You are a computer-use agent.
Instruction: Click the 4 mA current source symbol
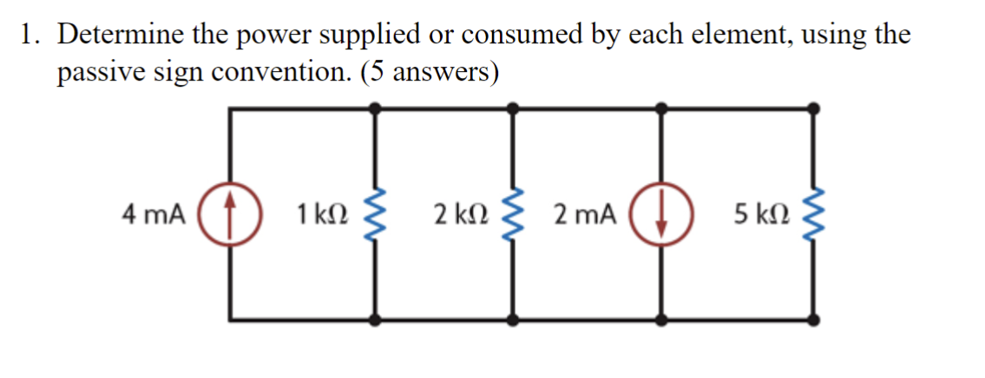(x=231, y=213)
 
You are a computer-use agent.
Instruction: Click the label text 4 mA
(x=154, y=214)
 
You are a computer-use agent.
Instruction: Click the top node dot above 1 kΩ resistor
(x=375, y=108)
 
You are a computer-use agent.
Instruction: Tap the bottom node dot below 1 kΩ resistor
(x=375, y=319)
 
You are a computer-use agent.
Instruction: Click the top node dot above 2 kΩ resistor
(x=514, y=108)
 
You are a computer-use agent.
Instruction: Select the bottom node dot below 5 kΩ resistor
(x=813, y=319)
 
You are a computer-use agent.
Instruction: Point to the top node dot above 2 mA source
(x=663, y=108)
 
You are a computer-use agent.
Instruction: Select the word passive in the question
(x=94, y=73)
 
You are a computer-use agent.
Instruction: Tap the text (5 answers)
(x=429, y=73)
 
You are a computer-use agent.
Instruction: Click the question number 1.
(x=30, y=36)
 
